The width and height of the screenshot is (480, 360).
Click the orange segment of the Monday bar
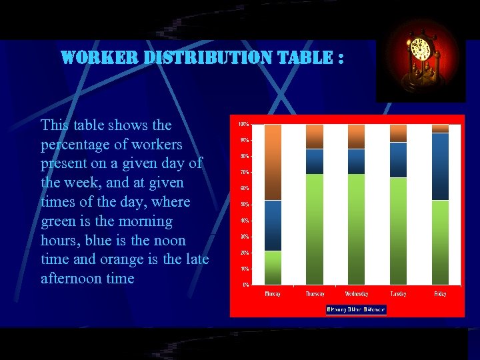[273, 162]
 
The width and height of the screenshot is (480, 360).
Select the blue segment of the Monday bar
[273, 225]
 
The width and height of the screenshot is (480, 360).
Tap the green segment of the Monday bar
[273, 267]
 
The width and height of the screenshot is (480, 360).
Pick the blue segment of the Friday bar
[440, 166]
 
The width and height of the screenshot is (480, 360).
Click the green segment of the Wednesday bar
[357, 229]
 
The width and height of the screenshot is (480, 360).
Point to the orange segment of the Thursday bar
[315, 136]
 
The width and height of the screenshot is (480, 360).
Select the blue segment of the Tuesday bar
[398, 160]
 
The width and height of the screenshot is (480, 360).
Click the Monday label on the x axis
[273, 294]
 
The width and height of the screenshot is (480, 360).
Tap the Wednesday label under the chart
[357, 294]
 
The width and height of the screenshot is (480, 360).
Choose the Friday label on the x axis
[440, 294]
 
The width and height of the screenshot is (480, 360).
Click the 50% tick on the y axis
[244, 205]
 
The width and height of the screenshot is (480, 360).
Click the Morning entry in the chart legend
[337, 309]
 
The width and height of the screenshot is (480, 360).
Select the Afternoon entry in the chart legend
[375, 309]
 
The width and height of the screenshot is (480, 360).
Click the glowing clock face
[420, 50]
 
